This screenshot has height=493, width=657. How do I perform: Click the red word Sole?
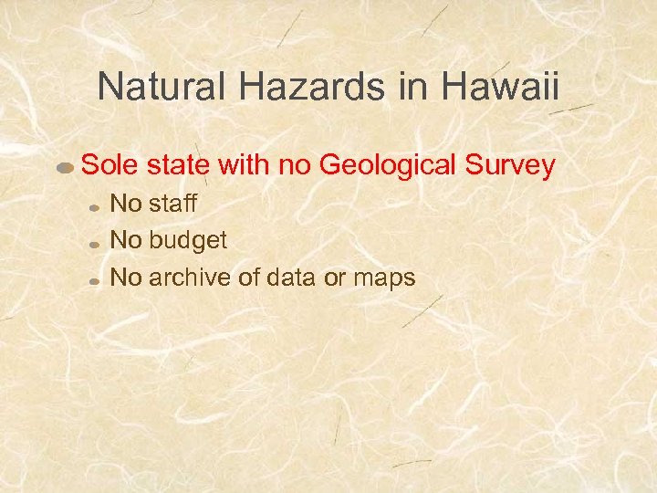106,165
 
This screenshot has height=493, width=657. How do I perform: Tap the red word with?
242,165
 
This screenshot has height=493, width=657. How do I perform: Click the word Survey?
512,165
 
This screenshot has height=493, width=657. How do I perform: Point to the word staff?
173,204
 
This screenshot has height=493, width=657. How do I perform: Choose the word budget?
188,240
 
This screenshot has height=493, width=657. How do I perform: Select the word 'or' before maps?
334,278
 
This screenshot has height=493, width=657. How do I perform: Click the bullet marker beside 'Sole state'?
66,169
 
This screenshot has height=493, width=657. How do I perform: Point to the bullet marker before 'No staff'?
94,207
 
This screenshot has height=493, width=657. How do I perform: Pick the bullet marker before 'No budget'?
94,245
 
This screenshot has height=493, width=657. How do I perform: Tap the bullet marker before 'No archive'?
94,281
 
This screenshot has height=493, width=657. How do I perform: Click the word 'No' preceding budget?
126,240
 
